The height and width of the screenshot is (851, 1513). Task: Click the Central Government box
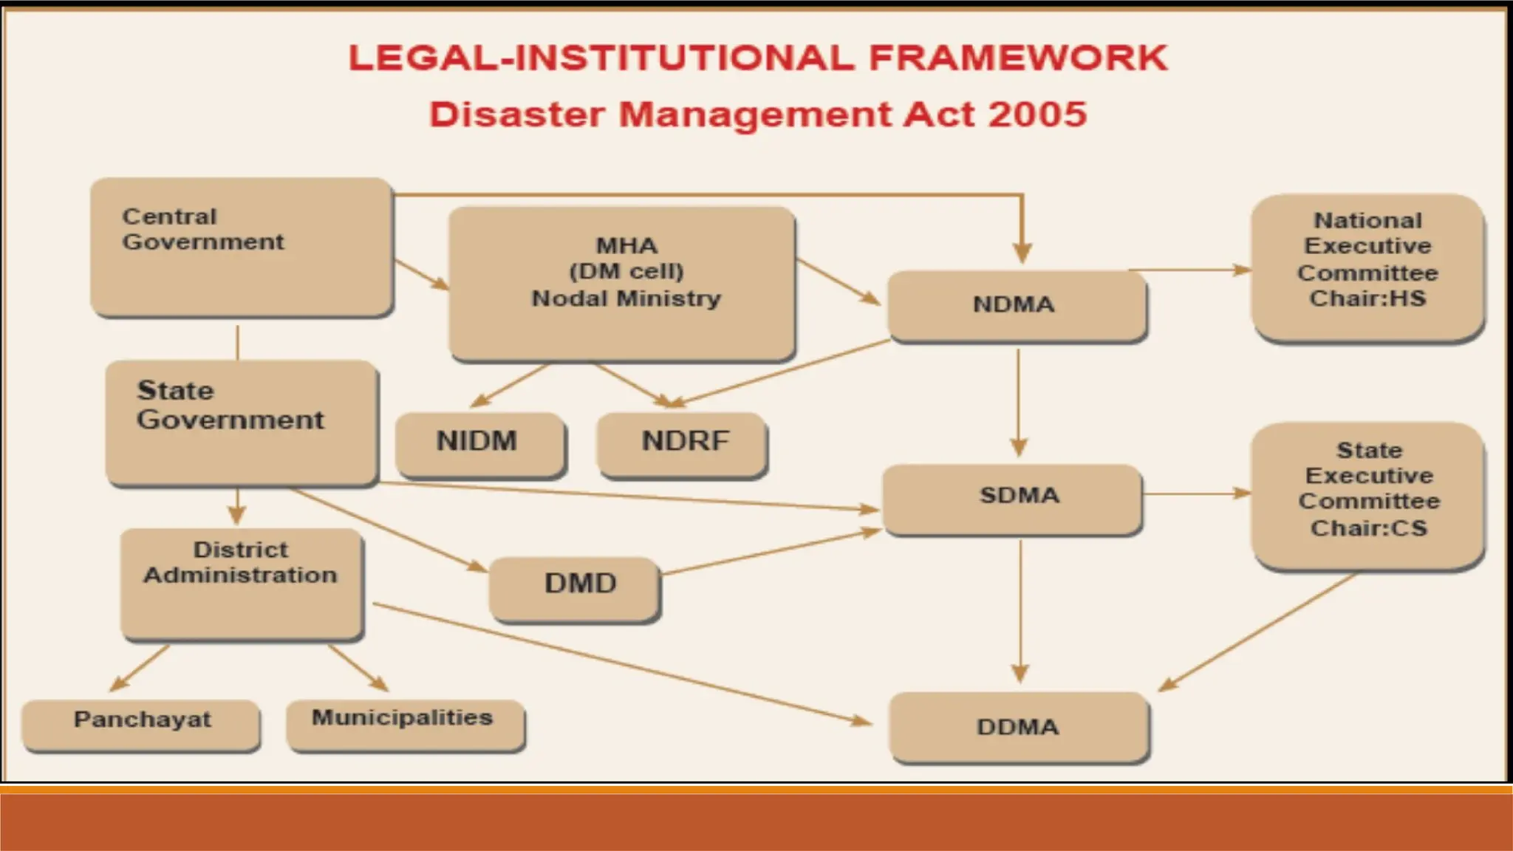coord(242,248)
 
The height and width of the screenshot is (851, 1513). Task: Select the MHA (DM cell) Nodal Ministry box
coord(622,284)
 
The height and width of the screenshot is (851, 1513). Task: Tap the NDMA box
coord(1016,305)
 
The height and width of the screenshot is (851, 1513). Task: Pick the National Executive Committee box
coord(1367,267)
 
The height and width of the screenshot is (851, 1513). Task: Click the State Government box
coord(242,423)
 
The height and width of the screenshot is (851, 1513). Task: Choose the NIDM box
coord(479,443)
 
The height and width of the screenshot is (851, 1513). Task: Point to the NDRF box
coord(683,443)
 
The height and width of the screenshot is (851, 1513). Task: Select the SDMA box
coord(1013,498)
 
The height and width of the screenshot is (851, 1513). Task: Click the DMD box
coord(575,588)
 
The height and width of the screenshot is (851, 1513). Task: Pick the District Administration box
coord(242,584)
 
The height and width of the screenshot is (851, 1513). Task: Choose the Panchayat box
coord(141,724)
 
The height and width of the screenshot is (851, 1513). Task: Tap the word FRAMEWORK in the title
coord(1018,58)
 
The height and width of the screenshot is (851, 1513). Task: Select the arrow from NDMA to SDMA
coord(1018,403)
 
